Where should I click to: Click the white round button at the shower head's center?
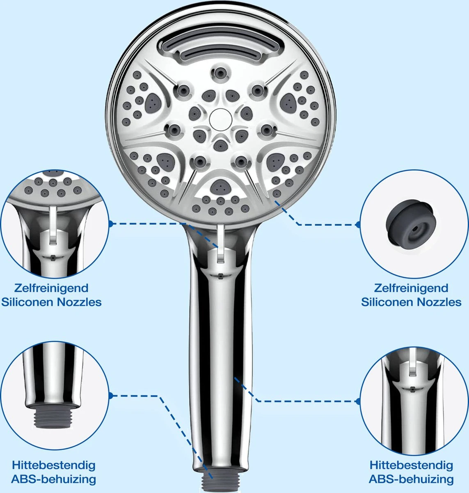pos(220,120)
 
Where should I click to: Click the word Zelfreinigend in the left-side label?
pos(51,288)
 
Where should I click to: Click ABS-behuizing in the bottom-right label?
pos(411,479)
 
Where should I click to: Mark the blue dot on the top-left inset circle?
pos(110,223)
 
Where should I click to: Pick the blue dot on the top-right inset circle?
pos(358,225)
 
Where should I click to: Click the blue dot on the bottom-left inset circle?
pos(111,396)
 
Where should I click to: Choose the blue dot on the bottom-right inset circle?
pos(358,401)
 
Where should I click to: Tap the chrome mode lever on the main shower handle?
pos(220,244)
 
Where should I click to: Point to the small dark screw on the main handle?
pos(220,276)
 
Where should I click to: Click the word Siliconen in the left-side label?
pos(27,302)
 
